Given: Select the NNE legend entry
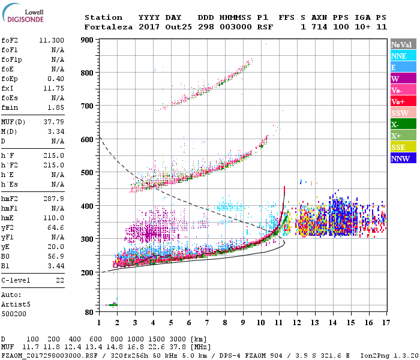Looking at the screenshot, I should click(399, 56).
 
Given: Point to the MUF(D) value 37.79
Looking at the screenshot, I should click(53, 122).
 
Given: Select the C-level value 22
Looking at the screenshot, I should click(60, 280).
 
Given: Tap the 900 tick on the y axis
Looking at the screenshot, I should click(88, 40).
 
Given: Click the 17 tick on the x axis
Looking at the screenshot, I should click(387, 322).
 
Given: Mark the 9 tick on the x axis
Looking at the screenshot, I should click(243, 322).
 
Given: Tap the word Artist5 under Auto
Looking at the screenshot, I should click(16, 304).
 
